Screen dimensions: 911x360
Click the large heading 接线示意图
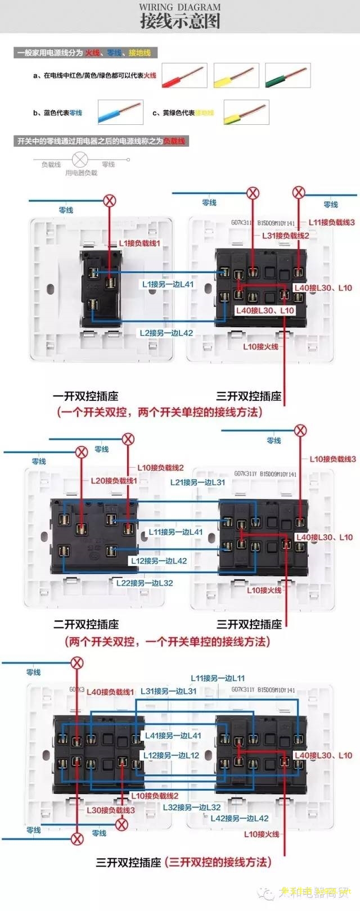click(180, 22)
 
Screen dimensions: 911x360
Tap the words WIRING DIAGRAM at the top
click(180, 7)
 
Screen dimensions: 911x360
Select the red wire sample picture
click(184, 76)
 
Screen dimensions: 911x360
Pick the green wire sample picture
click(287, 76)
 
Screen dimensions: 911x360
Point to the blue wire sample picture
click(120, 112)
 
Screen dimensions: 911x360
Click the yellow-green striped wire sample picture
click(246, 112)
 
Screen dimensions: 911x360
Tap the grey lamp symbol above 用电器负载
click(80, 159)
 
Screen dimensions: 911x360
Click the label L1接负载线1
click(139, 243)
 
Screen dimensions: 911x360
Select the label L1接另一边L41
click(168, 285)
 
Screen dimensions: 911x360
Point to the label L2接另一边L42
click(166, 333)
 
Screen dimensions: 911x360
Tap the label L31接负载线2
click(285, 236)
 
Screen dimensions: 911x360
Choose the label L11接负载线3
click(332, 223)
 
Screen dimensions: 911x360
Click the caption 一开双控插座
click(85, 396)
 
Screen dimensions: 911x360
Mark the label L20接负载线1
click(114, 481)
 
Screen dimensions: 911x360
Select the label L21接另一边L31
click(197, 482)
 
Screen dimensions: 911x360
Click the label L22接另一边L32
click(145, 583)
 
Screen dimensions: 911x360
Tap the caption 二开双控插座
click(86, 624)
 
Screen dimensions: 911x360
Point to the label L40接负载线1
click(110, 692)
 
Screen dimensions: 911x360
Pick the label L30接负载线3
click(110, 810)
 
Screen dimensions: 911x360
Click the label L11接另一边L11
click(218, 678)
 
